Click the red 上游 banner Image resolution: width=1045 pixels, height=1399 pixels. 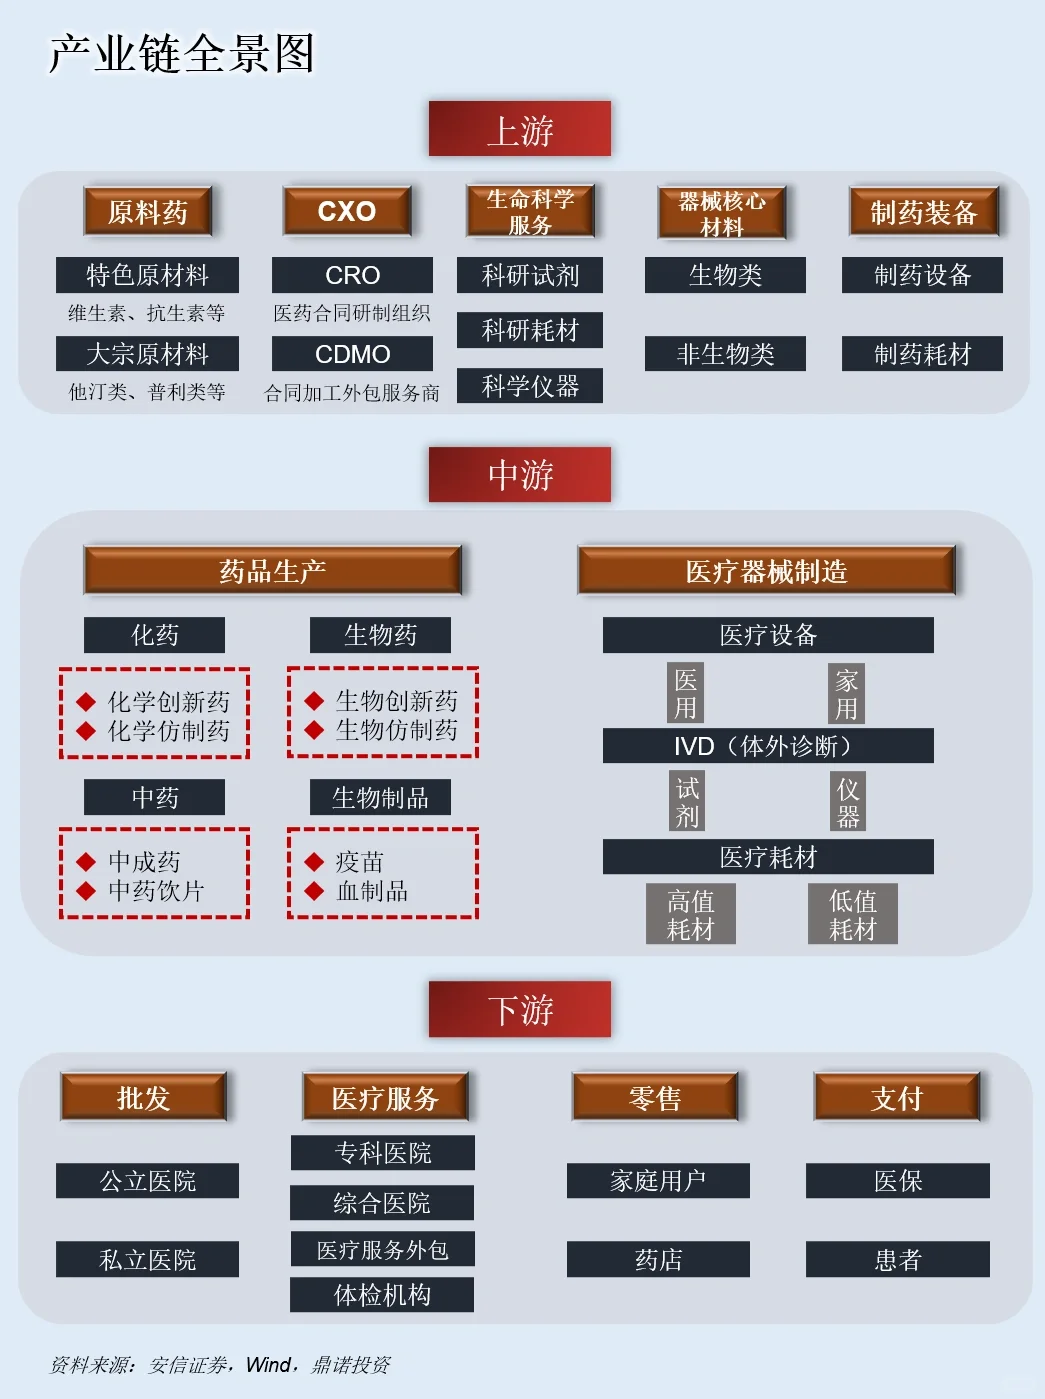(x=519, y=129)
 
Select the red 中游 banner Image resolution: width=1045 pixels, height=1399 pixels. (x=519, y=474)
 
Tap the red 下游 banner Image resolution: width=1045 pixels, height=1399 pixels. (x=519, y=1009)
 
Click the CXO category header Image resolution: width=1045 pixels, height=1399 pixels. (x=347, y=211)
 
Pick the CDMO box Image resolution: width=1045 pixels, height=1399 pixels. (x=352, y=354)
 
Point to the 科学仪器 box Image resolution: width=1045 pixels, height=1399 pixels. (x=530, y=386)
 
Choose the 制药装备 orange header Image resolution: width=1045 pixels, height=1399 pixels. (x=923, y=212)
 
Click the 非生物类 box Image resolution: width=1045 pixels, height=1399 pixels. (x=725, y=354)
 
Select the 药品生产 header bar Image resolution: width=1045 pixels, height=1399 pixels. (x=272, y=571)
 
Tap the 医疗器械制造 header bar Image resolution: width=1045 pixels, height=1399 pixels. (x=766, y=571)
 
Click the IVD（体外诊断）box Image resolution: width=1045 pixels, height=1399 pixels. (x=768, y=746)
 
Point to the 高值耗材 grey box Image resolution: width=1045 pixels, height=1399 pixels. (x=691, y=914)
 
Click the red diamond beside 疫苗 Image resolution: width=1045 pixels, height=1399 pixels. (x=314, y=861)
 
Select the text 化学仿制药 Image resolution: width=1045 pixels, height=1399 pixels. (x=169, y=731)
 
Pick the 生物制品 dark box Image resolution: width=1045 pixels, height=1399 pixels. (x=380, y=797)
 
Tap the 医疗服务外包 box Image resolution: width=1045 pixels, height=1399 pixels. (x=382, y=1249)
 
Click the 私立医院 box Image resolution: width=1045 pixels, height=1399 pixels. (x=147, y=1259)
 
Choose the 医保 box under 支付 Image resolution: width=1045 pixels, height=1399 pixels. (x=897, y=1181)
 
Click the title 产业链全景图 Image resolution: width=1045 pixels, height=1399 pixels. (x=182, y=54)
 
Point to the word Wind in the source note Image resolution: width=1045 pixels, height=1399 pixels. (x=267, y=1364)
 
